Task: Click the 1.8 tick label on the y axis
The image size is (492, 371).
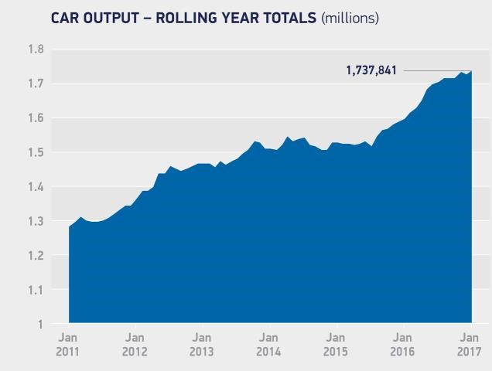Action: point(36,49)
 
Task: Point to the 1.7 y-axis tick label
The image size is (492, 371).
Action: point(36,83)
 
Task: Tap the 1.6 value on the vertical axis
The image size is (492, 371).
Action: point(36,118)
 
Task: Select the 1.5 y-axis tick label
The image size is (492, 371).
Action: point(36,152)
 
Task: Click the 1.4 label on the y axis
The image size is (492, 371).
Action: point(36,187)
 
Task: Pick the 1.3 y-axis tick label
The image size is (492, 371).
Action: point(36,221)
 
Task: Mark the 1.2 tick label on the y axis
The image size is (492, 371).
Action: point(36,256)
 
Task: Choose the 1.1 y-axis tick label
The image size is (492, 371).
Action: point(36,290)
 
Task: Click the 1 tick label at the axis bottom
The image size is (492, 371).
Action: point(39,325)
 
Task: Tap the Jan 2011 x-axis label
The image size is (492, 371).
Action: point(68,345)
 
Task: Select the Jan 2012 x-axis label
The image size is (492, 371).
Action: point(135,345)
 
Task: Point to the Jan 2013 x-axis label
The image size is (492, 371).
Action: point(202,345)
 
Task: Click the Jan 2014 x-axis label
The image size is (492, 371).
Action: point(268,345)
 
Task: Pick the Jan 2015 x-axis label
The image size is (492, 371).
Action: point(336,345)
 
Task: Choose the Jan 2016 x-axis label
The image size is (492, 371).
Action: point(402,345)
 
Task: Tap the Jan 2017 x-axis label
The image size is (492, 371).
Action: point(470,345)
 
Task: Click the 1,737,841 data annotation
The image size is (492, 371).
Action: point(371,71)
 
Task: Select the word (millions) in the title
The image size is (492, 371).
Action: point(350,17)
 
